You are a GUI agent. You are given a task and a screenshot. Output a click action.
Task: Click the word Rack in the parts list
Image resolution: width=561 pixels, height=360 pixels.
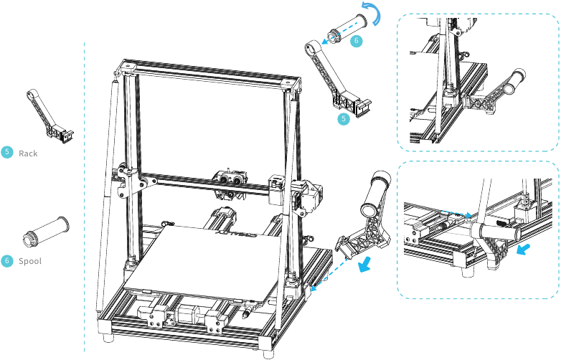[28, 153]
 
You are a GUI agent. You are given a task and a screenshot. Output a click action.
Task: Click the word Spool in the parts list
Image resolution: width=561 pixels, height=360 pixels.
[30, 261]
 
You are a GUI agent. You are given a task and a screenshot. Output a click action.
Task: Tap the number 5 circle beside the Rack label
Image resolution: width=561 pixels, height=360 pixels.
[7, 152]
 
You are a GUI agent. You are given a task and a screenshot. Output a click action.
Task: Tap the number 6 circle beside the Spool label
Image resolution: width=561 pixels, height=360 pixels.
[7, 260]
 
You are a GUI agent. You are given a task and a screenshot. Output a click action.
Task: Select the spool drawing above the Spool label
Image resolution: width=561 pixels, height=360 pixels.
[44, 229]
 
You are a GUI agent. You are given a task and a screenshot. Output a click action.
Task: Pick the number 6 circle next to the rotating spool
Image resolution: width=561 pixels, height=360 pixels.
[356, 41]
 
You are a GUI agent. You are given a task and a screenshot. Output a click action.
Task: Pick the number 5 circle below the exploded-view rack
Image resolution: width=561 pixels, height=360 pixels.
[344, 118]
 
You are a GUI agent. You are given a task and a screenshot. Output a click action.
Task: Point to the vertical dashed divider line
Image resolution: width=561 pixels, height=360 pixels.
[85, 194]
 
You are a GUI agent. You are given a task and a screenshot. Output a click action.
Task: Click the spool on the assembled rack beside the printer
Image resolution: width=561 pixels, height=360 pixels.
[374, 193]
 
